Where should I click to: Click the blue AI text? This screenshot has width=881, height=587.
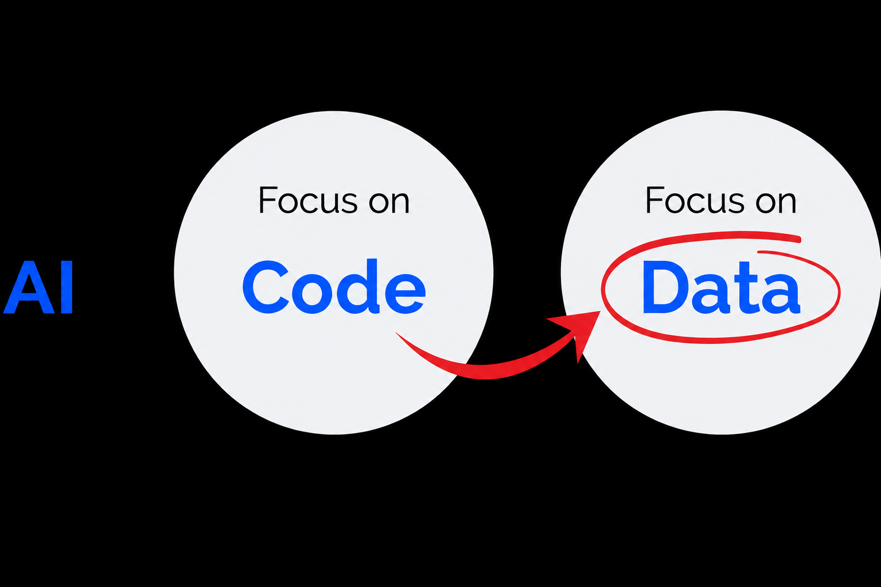38,287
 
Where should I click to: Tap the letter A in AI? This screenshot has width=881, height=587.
28,287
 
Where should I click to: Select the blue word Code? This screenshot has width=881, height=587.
334,287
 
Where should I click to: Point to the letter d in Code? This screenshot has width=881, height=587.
358,287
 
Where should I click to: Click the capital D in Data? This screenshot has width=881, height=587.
665,287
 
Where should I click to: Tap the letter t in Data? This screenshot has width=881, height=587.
746,289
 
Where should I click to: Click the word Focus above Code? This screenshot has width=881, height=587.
308,200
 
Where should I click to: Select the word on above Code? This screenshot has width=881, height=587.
389,204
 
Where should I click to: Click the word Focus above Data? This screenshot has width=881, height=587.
695,200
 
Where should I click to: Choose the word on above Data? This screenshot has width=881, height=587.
777,204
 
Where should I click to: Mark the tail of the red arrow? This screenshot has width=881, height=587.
396,334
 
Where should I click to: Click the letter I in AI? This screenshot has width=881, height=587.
67,287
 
